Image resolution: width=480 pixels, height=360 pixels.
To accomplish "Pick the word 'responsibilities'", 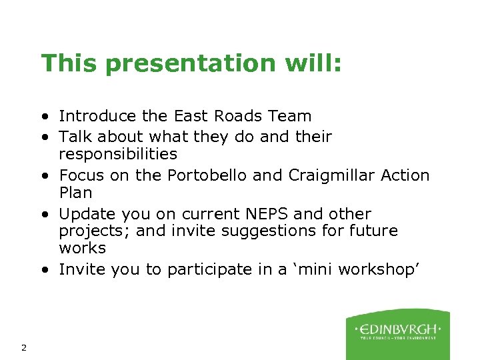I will coord(118,154).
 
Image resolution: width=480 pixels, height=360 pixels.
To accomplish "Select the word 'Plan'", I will coord(75,193).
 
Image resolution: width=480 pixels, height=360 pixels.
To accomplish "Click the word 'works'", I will coord(82,248).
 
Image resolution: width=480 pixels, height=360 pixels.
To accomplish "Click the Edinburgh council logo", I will coord(397,333).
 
